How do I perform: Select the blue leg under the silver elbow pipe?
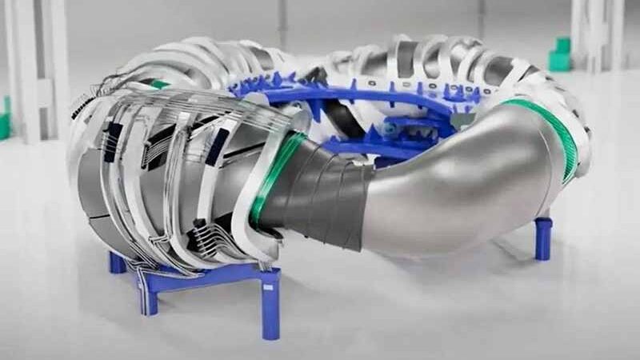[x=543, y=238]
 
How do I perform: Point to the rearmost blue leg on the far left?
[x=117, y=262]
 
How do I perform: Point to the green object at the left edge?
[x=5, y=120]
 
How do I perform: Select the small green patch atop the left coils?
[x=160, y=83]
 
